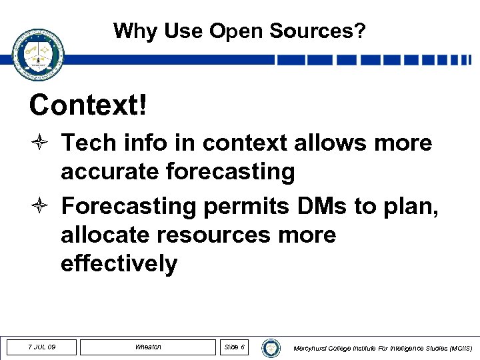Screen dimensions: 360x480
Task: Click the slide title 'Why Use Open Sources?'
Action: pos(239,31)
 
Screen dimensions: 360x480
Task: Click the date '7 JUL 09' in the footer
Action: pos(41,347)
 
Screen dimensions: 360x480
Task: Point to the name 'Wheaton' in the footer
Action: pos(147,347)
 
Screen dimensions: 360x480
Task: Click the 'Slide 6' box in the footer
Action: pos(234,347)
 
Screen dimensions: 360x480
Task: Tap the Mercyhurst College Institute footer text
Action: pos(383,348)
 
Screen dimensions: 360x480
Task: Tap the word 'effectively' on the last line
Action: pos(119,264)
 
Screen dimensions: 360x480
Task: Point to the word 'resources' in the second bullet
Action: pos(217,235)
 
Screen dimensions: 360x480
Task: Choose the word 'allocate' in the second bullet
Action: pos(106,235)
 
